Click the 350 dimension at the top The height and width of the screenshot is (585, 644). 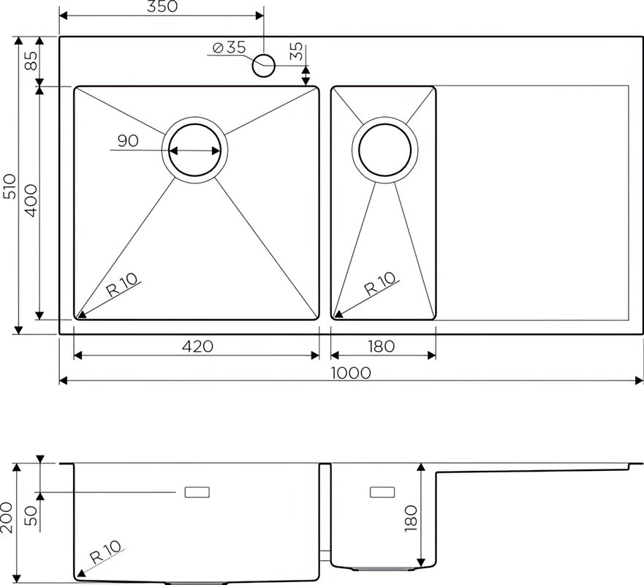click(x=162, y=6)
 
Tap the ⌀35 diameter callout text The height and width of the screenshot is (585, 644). click(x=230, y=48)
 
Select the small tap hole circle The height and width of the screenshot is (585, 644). click(x=263, y=65)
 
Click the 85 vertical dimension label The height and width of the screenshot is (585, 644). click(x=31, y=60)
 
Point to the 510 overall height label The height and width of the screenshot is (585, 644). click(x=10, y=186)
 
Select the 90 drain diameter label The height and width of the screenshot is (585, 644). click(x=128, y=140)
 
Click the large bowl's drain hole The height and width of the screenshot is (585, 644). click(x=194, y=150)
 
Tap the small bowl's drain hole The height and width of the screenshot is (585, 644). click(x=384, y=149)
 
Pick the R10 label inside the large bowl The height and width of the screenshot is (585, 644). click(x=122, y=285)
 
